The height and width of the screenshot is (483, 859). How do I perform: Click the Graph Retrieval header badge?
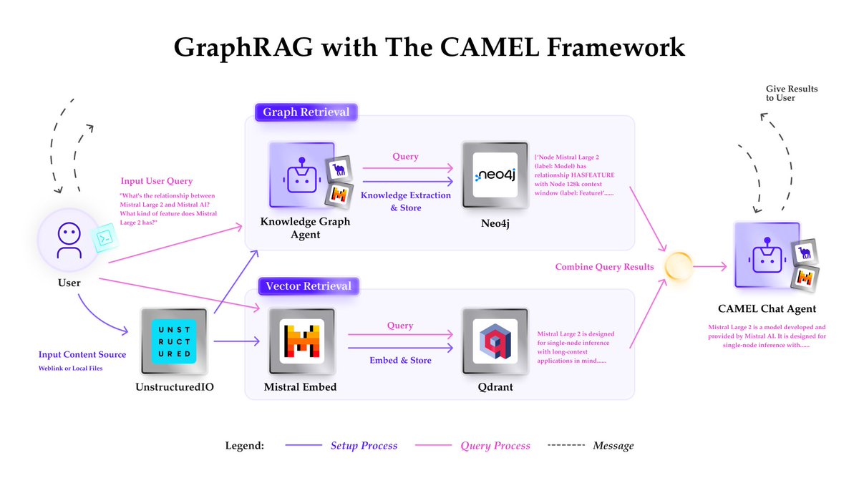point(306,112)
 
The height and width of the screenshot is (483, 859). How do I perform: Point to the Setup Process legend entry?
point(363,446)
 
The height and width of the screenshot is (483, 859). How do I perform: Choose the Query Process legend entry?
point(495,446)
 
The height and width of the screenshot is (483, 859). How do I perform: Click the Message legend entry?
point(613,446)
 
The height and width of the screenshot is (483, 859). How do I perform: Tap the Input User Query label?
point(157,180)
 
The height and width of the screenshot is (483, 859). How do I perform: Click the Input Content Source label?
point(82,354)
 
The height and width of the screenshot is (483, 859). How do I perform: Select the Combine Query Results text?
point(604,267)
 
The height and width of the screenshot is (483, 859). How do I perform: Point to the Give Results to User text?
point(792,93)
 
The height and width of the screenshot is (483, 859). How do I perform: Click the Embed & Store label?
point(400,360)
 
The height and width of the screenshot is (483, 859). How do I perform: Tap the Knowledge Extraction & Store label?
point(406,201)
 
